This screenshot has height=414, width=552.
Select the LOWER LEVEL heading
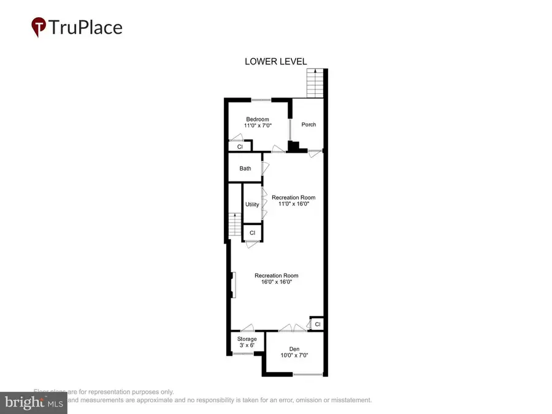275,61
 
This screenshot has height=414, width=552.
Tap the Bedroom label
258,119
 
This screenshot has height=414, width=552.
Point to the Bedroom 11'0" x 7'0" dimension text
258,126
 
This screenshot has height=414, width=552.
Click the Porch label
309,125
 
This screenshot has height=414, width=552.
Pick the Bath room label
245,168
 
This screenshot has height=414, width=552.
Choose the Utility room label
252,204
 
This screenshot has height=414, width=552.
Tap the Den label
294,348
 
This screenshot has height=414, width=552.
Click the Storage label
247,339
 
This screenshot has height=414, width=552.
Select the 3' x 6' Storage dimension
247,345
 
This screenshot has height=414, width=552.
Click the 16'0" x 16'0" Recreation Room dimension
276,282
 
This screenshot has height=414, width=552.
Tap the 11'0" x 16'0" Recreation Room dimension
293,204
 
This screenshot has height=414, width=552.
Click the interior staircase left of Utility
235,226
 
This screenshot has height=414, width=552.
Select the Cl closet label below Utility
252,233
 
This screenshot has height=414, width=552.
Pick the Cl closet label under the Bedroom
240,147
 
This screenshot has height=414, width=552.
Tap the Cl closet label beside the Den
317,324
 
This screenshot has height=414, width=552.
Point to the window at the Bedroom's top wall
261,100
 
